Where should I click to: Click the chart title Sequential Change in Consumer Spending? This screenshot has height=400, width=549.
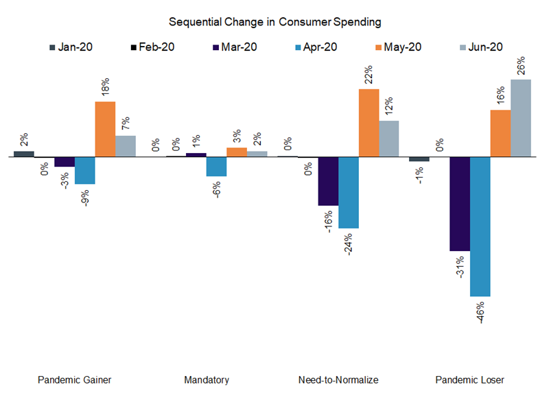coord(274,22)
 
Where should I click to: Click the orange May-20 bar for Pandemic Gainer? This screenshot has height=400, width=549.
coord(105,129)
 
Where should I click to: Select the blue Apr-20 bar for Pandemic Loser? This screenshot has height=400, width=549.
coord(480,226)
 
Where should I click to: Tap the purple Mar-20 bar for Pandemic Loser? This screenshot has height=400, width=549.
coord(459,204)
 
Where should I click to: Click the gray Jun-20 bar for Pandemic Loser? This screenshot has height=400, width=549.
coord(520,118)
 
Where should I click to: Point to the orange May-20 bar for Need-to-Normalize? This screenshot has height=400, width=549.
coord(369,123)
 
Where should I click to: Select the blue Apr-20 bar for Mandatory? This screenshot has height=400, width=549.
coord(217,167)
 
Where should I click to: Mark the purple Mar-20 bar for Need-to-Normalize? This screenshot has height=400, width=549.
coord(328,181)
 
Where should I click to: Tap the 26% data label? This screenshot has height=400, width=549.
coord(520,65)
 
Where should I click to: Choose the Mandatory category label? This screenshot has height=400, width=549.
coord(207,379)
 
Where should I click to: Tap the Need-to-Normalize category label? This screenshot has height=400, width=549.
coord(338,379)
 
